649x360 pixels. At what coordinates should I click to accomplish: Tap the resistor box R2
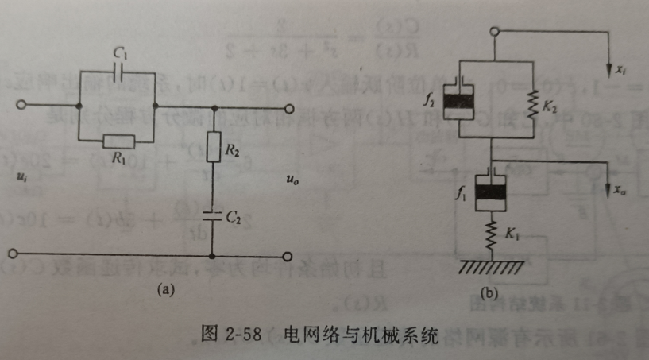pyautogui.click(x=212, y=147)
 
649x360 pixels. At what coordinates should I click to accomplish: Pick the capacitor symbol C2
pyautogui.click(x=212, y=215)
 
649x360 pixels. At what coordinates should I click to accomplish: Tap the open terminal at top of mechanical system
pyautogui.click(x=494, y=33)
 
